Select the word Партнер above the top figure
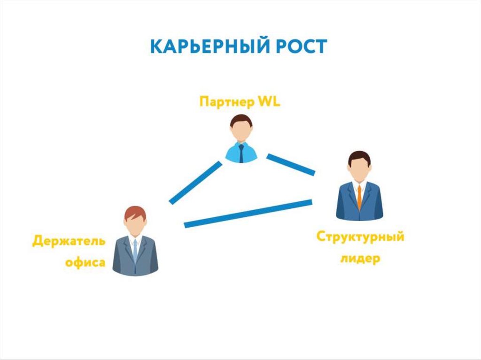point(224,102)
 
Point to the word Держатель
point(69,242)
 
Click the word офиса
point(85,262)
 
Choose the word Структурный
point(360,237)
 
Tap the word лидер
point(360,259)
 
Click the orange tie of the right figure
point(359,197)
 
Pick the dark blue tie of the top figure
point(241,153)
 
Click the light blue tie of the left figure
point(135,250)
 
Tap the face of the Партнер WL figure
point(241,131)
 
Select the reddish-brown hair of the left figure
point(135,212)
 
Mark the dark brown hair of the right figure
point(359,157)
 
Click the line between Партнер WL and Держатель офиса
point(195,183)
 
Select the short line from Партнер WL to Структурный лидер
point(290,164)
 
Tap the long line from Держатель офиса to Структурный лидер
point(248,214)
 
